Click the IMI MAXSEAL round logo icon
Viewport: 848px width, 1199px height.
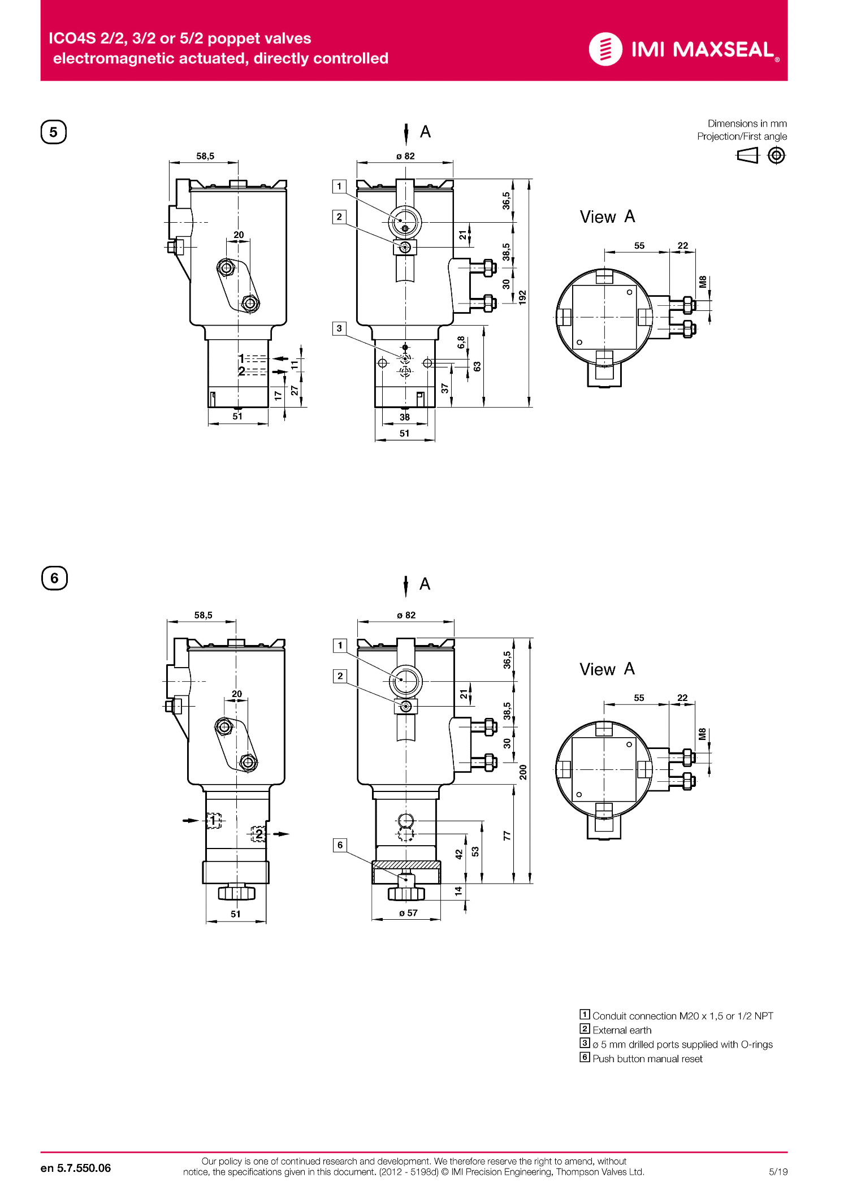[605, 49]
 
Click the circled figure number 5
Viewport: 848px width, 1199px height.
[54, 132]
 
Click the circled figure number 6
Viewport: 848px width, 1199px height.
[54, 578]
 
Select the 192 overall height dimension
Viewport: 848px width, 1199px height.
[522, 297]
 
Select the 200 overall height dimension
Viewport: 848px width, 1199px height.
[523, 772]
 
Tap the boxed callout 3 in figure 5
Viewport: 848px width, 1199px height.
[339, 328]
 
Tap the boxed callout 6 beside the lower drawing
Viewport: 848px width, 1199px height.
[340, 845]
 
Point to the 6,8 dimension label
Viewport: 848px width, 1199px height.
[461, 342]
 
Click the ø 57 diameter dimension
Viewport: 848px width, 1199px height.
[408, 913]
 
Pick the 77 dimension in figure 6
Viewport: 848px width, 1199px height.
[507, 836]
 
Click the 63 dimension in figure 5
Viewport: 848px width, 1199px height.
[477, 366]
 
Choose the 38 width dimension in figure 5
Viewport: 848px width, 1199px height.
[405, 417]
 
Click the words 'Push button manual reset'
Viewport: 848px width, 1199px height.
[647, 1059]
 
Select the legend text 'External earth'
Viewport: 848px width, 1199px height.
[622, 1030]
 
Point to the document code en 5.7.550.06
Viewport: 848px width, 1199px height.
[76, 1168]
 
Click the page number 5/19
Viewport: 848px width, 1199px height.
[778, 1171]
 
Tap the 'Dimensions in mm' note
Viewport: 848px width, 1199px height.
[747, 123]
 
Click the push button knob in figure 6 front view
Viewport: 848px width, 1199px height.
[406, 893]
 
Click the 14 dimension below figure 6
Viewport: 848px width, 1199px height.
[458, 891]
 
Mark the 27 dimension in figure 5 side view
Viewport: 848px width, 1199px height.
[295, 390]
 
